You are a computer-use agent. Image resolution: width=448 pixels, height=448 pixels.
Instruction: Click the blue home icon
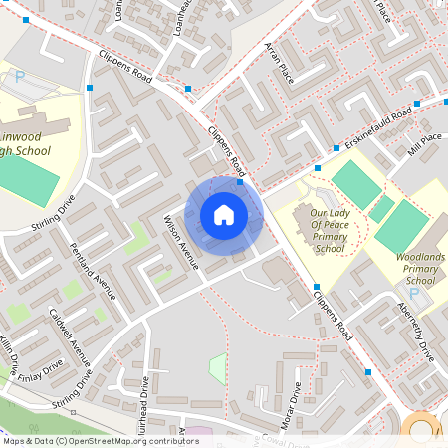pos(224,214)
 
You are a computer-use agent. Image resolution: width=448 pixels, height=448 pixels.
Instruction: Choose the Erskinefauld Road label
pos(374,127)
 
